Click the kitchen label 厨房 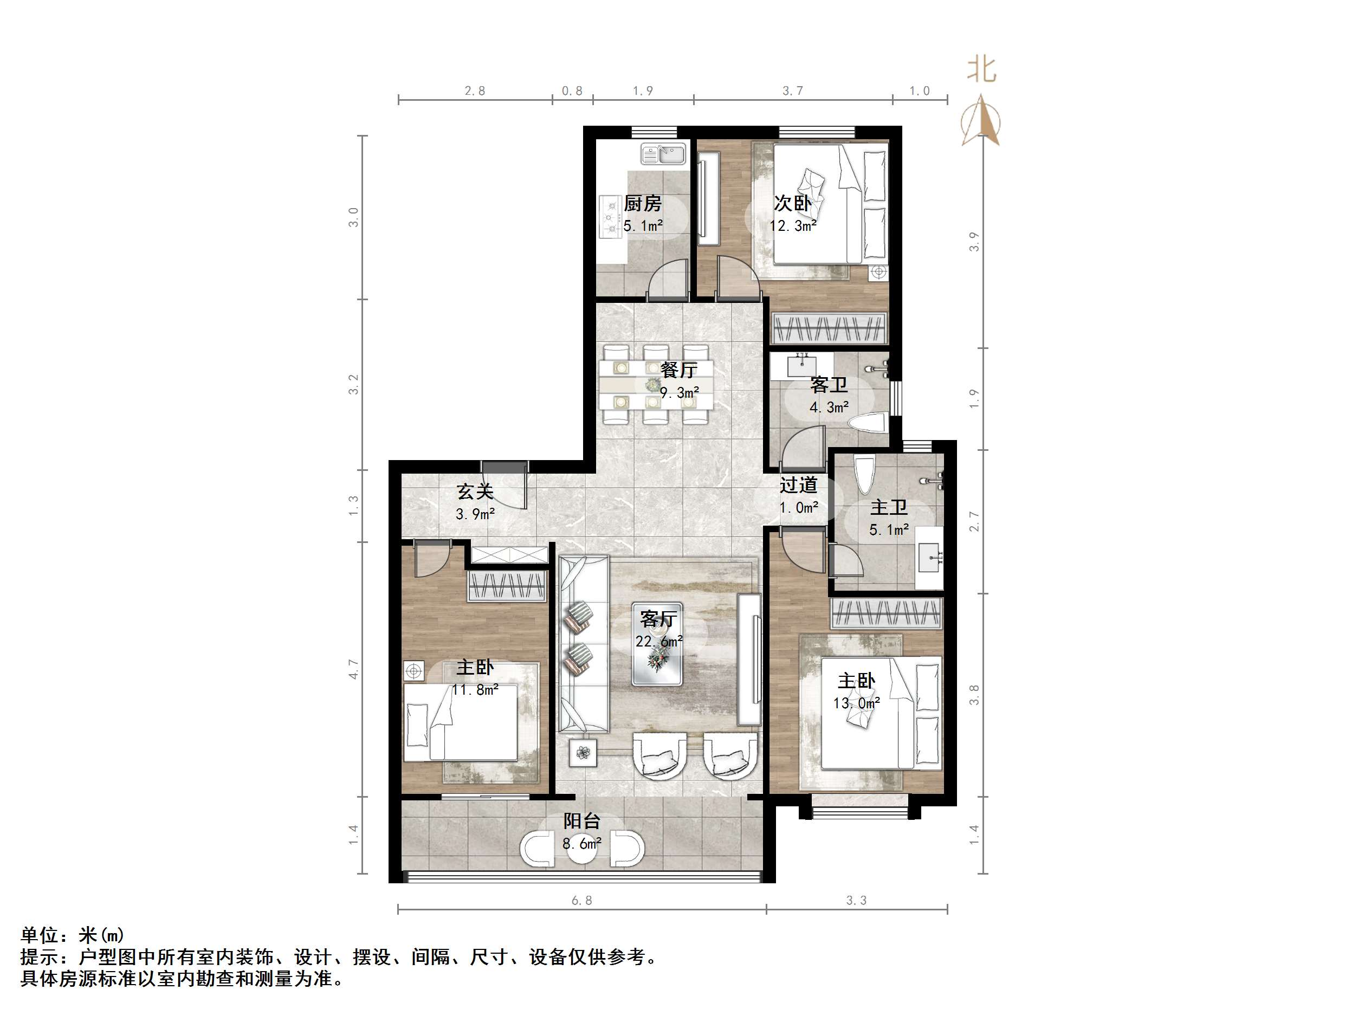(x=642, y=203)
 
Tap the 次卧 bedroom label (x=792, y=203)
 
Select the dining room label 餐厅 (x=678, y=369)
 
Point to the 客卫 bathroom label (x=828, y=385)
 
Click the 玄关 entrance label (x=474, y=491)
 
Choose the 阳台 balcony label (x=581, y=821)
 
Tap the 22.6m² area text (x=658, y=642)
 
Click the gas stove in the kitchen (x=609, y=215)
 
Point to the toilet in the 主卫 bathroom (x=864, y=474)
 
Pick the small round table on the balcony (x=582, y=850)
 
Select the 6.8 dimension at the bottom (x=581, y=900)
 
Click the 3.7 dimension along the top (x=792, y=91)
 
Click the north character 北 (x=981, y=70)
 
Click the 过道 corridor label (x=798, y=486)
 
